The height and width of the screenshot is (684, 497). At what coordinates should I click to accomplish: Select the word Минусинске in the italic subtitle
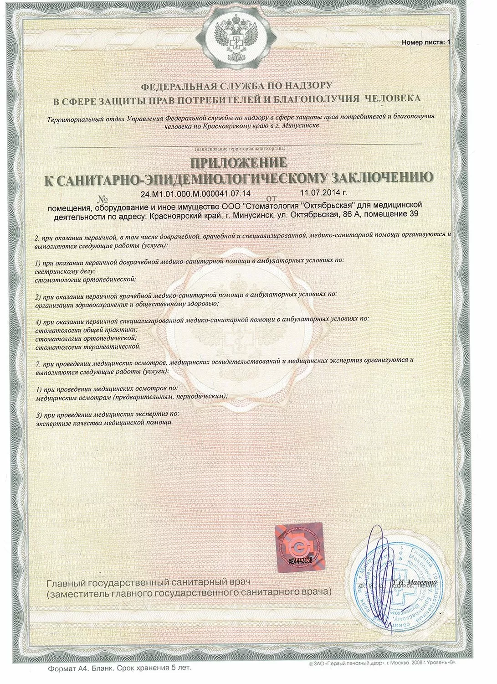[x=299, y=124]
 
